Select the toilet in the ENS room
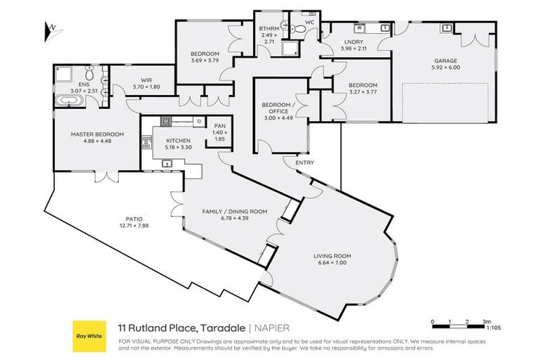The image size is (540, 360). pos(90,72)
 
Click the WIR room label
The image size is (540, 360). pos(147,79)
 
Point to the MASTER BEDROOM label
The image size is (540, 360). pos(97,134)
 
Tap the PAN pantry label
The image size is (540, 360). pos(219,126)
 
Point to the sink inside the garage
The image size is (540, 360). pos(446,27)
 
